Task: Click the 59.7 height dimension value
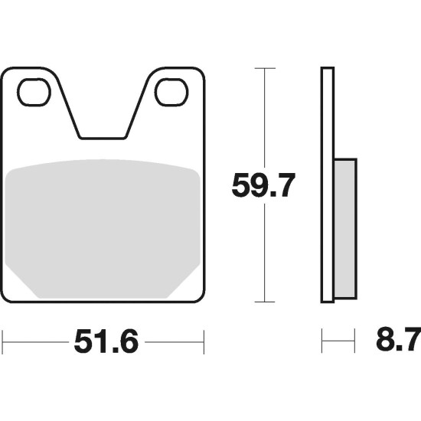(263, 185)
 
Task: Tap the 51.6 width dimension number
(106, 342)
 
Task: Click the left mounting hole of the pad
(34, 92)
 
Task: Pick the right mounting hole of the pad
(171, 92)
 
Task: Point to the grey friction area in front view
(103, 228)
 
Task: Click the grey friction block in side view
(345, 229)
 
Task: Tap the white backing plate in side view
(328, 184)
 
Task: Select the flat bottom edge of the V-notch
(103, 139)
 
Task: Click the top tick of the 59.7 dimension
(265, 68)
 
